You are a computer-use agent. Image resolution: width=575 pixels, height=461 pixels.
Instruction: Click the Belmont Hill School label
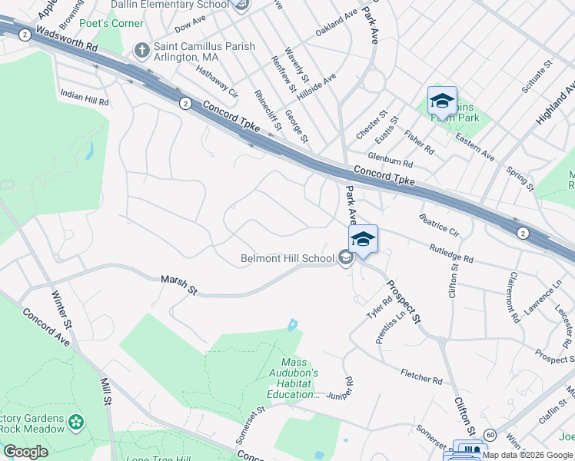click(x=287, y=258)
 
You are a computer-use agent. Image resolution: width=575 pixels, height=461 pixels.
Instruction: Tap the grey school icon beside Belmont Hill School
click(x=345, y=258)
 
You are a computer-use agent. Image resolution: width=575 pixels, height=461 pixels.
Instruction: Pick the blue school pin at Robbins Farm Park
click(x=442, y=101)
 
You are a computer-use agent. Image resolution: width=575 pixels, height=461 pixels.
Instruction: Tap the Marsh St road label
click(x=178, y=285)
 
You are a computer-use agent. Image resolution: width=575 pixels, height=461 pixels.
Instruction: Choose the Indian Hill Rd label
click(x=85, y=97)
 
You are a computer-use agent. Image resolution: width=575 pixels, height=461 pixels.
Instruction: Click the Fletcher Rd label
click(x=421, y=376)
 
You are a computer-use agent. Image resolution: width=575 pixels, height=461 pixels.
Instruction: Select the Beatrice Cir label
click(x=438, y=225)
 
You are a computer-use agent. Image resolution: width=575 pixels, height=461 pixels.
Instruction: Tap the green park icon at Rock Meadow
click(x=75, y=421)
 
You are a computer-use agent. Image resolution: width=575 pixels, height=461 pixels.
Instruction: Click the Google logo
click(x=25, y=451)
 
